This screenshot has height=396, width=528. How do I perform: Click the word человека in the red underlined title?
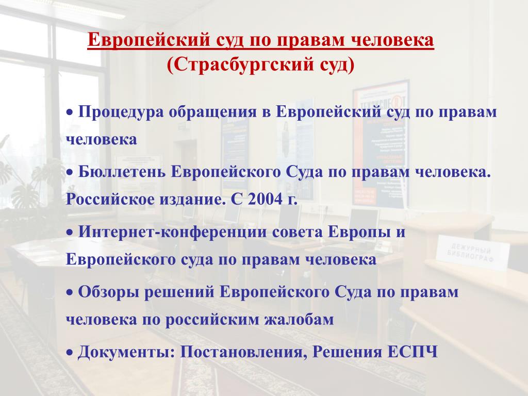pos(392,40)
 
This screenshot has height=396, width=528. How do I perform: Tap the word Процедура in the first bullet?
pos(121,112)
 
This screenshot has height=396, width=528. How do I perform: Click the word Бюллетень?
pos(122,172)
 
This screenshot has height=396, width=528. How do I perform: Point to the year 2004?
pos(265,200)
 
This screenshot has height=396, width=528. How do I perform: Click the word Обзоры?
pos(108,292)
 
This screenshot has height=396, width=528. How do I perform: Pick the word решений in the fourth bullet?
pos(179,292)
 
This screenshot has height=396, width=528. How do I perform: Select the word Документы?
pos(126,352)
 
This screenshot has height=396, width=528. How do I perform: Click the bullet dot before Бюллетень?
pos(70,173)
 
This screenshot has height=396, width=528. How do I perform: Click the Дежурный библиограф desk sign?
pos(472,253)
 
